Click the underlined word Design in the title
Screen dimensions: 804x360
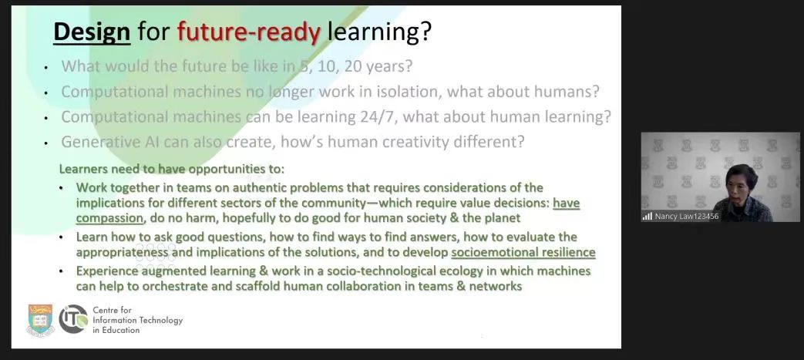tap(92, 32)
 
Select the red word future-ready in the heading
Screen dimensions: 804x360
tap(249, 32)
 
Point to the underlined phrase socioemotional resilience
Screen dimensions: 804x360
tap(523, 252)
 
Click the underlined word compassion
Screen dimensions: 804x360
tap(109, 218)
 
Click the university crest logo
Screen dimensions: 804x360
tap(40, 319)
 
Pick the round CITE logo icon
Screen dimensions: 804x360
tap(73, 319)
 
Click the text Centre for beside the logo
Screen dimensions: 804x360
tap(113, 310)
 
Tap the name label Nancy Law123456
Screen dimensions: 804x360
tap(687, 217)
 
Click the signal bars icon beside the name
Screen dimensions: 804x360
tap(647, 217)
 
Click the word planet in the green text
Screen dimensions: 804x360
tap(502, 218)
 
